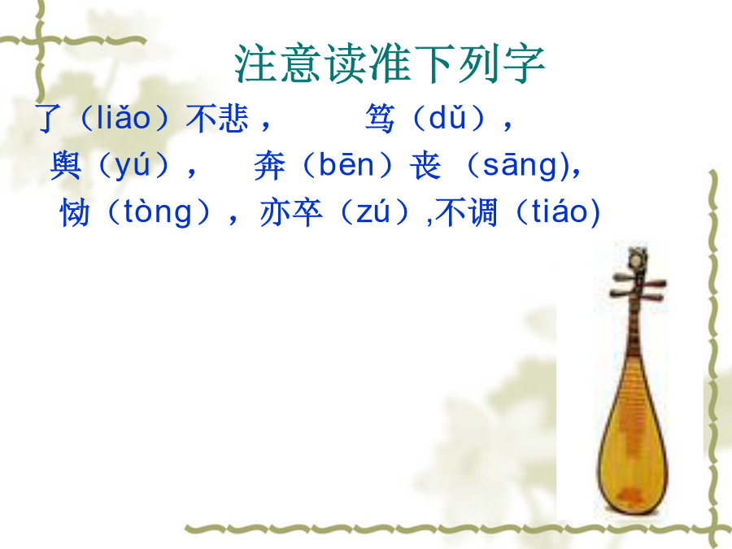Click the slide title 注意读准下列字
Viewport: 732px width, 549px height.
click(x=390, y=64)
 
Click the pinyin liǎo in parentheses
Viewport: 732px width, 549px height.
click(x=124, y=117)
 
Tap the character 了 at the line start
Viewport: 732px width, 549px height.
click(x=48, y=118)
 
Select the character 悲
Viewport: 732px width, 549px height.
click(x=233, y=118)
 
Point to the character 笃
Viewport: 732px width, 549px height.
click(x=380, y=118)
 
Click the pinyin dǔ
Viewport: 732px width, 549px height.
click(x=447, y=117)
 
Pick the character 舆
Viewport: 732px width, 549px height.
click(x=65, y=165)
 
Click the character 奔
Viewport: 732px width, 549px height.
click(x=269, y=166)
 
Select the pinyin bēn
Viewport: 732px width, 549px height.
click(x=346, y=164)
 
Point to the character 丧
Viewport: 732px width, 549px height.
click(x=425, y=166)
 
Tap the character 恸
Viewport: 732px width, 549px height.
click(x=75, y=212)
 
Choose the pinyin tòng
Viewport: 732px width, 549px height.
click(x=157, y=213)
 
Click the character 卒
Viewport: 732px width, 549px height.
click(x=307, y=212)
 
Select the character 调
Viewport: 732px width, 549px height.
click(x=481, y=212)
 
